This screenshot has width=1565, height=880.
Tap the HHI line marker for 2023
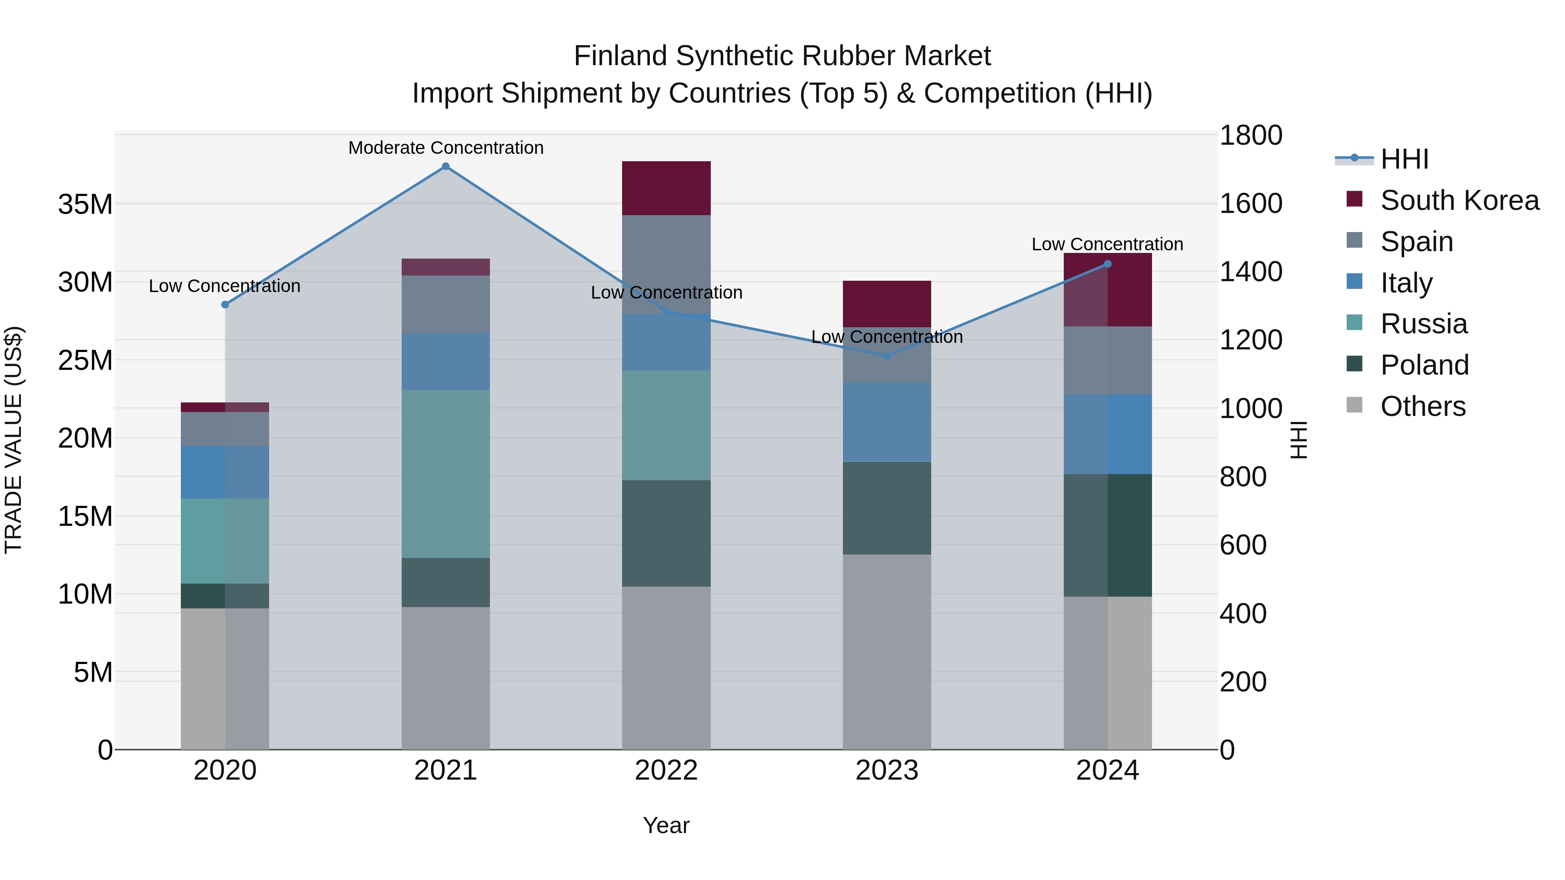tap(886, 356)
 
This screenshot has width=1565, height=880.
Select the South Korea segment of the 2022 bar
tap(666, 188)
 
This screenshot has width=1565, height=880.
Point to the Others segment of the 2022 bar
tap(666, 668)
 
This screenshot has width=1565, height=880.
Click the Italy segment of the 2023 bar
tap(886, 422)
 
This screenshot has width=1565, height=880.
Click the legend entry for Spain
tap(1415, 242)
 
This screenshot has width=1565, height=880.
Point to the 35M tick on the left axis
tap(85, 205)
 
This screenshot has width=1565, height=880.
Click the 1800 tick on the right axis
tap(1250, 136)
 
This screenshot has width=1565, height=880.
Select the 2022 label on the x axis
tap(666, 770)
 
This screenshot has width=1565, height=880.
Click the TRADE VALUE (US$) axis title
tap(13, 440)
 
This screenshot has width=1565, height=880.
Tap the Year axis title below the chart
tap(666, 825)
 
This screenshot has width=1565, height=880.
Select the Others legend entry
tap(1422, 406)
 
